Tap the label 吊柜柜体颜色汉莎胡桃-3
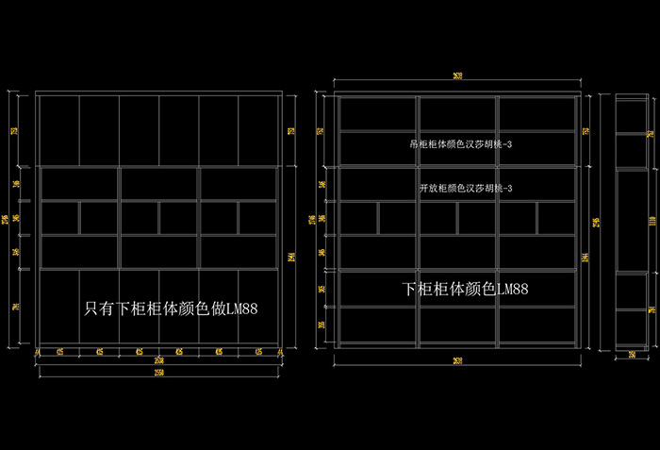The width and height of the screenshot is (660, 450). tap(460, 144)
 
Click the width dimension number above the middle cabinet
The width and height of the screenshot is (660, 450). tap(457, 76)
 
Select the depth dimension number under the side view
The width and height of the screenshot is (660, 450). tap(632, 355)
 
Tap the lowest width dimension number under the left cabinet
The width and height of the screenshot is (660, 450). tap(158, 373)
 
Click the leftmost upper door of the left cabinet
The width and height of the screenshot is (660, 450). tap(58, 130)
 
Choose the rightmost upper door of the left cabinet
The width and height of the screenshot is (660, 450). tap(257, 130)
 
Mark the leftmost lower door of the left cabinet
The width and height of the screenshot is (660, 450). tap(58, 304)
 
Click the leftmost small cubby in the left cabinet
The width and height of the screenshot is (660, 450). tap(59, 218)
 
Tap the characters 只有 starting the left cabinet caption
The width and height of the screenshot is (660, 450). tap(94, 308)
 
